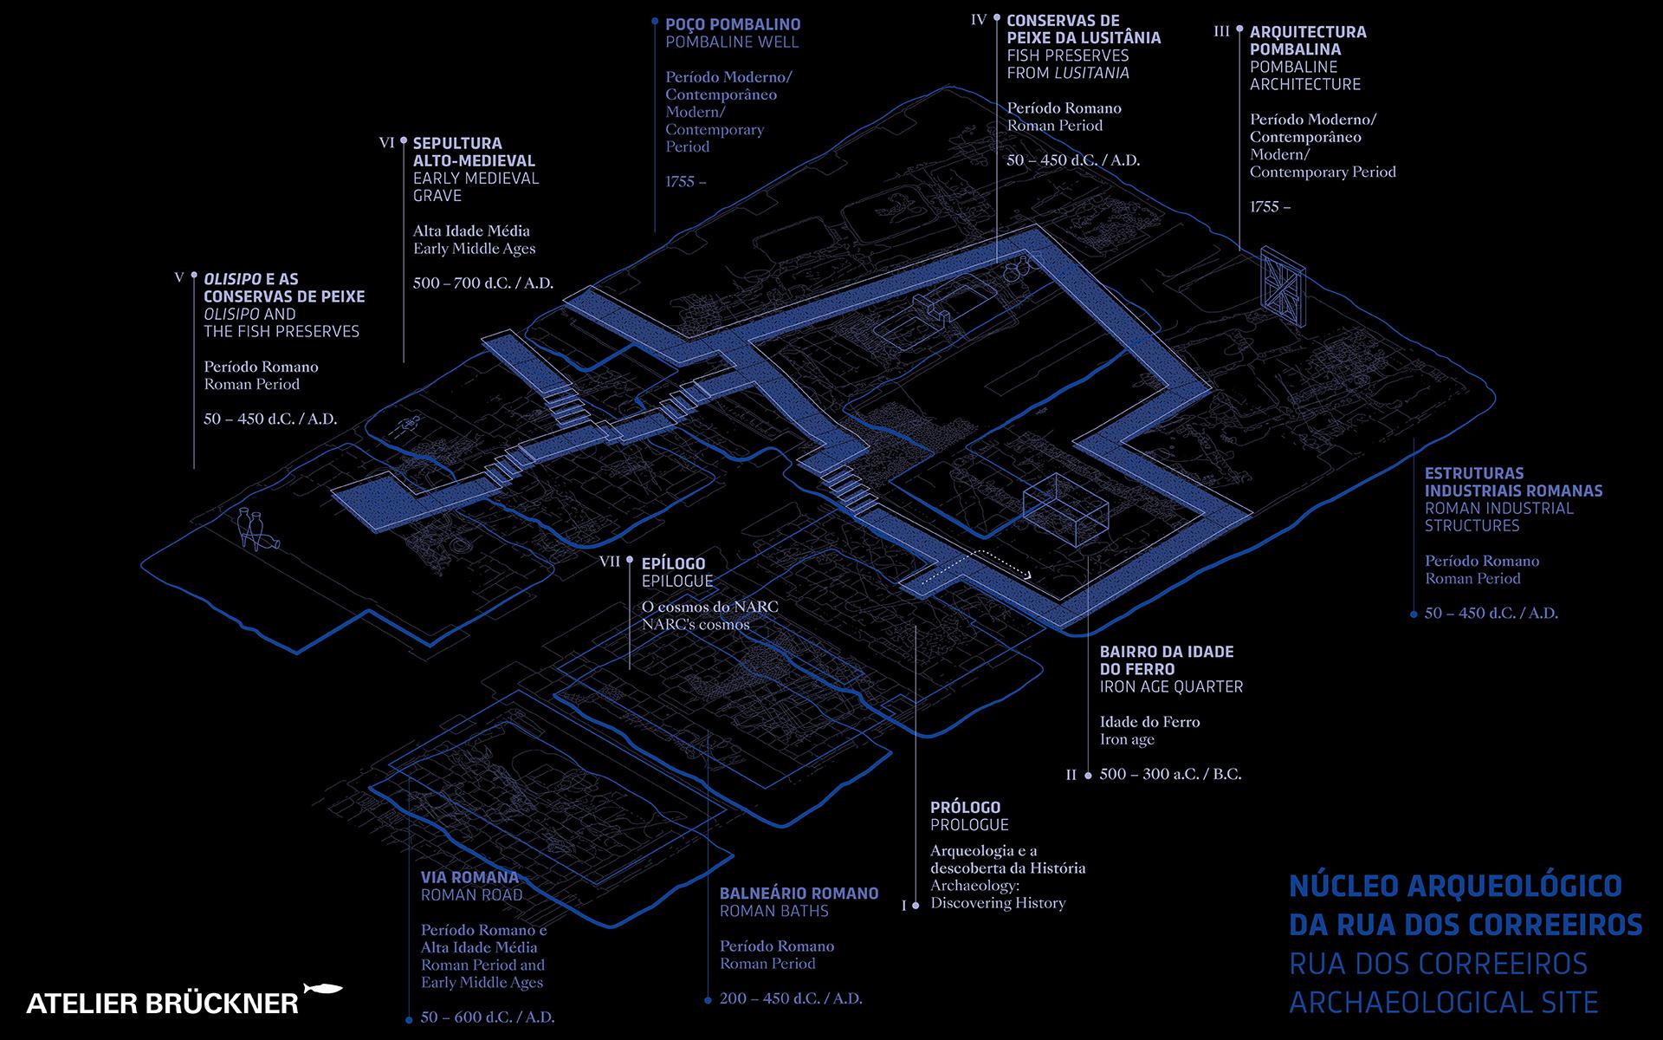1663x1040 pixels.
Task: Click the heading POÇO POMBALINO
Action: point(733,25)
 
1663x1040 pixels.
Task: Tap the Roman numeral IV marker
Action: point(979,20)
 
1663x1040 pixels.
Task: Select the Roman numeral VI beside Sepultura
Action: point(387,143)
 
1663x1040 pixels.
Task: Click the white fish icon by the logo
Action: point(323,989)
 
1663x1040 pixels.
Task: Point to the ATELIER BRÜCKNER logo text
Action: point(162,1004)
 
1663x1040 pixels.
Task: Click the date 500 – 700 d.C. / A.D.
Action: point(483,283)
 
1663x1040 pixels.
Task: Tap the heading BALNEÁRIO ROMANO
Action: point(799,894)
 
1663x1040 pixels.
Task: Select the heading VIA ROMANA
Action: point(469,877)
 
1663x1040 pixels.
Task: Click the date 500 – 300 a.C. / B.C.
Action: point(1170,774)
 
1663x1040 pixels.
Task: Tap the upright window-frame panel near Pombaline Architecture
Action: point(1283,285)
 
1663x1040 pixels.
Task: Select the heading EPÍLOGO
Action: point(674,563)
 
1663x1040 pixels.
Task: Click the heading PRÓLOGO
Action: point(965,807)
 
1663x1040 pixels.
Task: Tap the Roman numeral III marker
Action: point(1222,32)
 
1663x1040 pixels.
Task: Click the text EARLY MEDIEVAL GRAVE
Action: point(476,187)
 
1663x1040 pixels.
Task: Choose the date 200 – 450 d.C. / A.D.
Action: point(791,998)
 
